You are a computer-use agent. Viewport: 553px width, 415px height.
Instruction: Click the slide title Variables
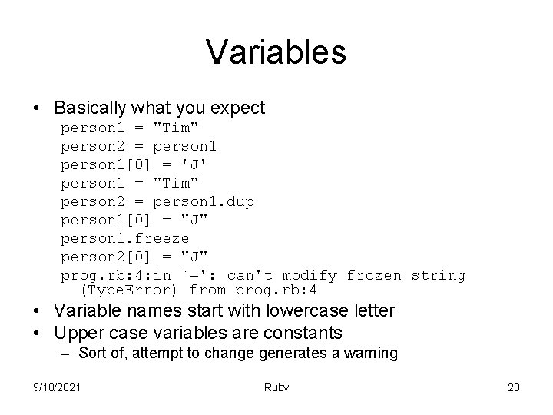coord(276,52)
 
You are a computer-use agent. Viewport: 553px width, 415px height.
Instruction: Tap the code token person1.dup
coord(204,201)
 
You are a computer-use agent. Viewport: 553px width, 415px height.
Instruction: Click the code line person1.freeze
coord(124,238)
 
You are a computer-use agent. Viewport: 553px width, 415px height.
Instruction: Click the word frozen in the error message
coord(374,275)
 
